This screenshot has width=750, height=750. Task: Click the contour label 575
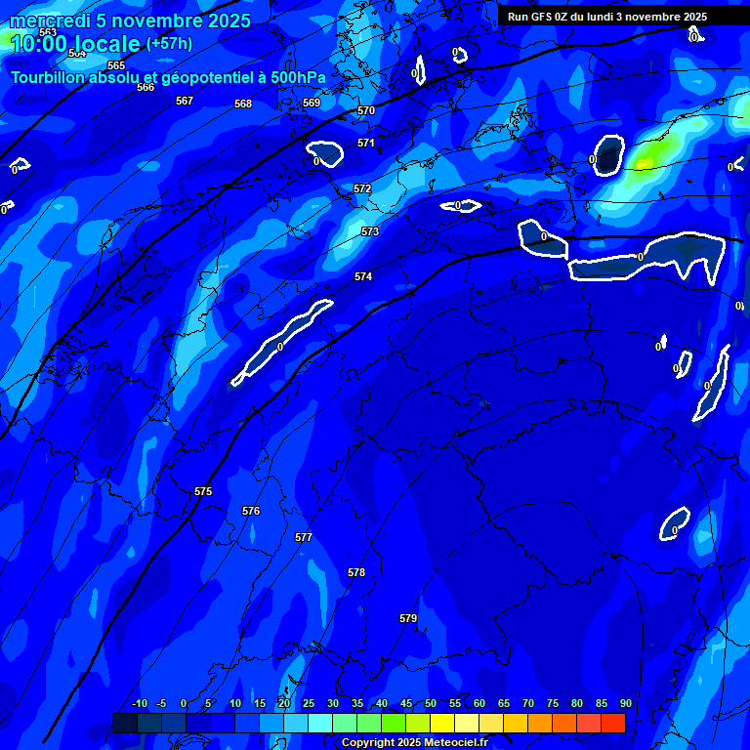(203, 491)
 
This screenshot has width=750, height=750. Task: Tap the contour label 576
(251, 511)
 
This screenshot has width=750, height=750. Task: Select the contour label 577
(304, 537)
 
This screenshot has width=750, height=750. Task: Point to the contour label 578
(356, 572)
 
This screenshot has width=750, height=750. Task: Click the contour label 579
(408, 618)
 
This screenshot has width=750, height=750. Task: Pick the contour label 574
(363, 276)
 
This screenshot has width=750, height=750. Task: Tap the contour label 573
(370, 231)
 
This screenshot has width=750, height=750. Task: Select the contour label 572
(362, 188)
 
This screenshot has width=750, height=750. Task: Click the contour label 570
(366, 110)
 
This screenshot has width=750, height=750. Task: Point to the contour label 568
(243, 104)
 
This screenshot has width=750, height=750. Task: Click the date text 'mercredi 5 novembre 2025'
(130, 21)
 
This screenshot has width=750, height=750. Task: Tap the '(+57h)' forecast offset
(169, 43)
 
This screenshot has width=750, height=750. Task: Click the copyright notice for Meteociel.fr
(414, 743)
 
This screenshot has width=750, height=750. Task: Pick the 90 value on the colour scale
(625, 703)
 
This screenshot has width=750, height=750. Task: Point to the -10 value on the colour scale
(139, 703)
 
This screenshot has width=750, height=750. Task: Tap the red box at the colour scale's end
(612, 723)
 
